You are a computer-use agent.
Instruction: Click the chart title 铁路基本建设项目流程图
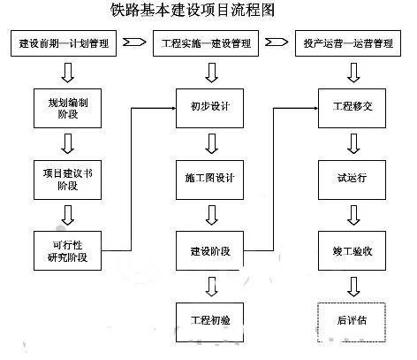click(208, 12)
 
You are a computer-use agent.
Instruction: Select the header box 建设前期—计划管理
click(66, 43)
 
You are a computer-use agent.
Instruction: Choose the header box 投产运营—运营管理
click(351, 43)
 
